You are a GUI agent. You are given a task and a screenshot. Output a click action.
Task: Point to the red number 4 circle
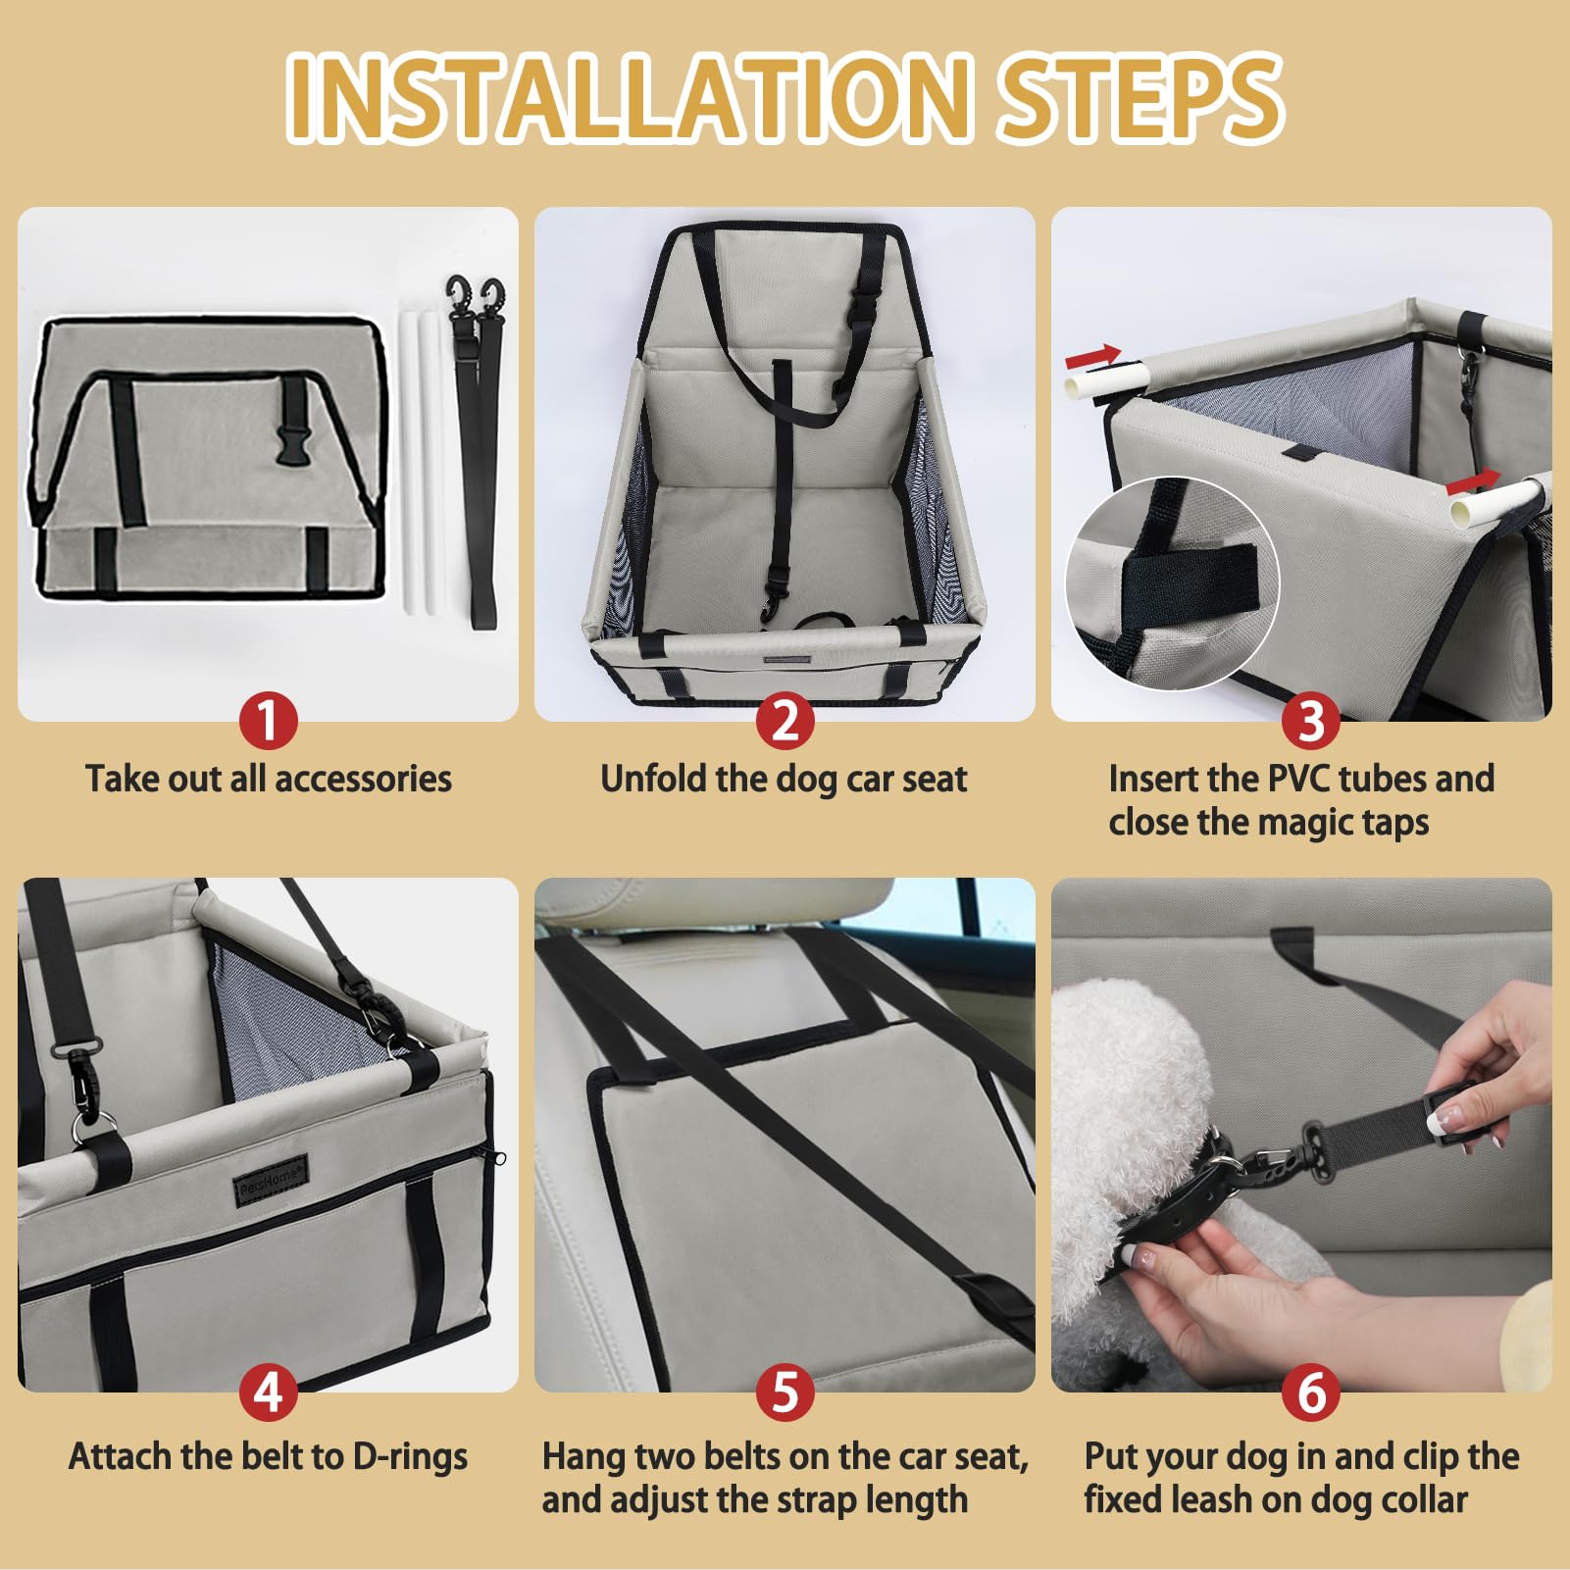269,1392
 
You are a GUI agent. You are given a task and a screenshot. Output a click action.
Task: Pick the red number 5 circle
785,1392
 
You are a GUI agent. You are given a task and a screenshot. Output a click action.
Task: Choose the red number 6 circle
1311,1392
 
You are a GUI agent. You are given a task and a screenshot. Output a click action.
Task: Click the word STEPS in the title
1140,97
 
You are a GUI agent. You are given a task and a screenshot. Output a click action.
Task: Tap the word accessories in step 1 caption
363,779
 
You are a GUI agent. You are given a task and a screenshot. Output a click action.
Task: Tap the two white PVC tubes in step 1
419,461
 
